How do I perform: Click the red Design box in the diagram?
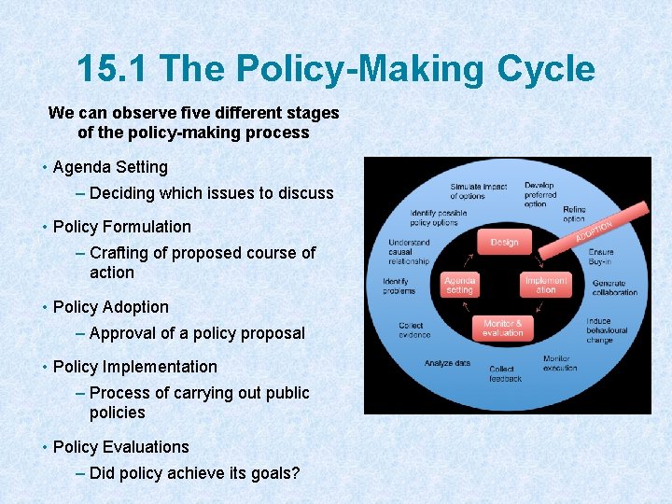504,242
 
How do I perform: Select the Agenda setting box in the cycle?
460,285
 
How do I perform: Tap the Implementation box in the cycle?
546,285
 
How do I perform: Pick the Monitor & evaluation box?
503,328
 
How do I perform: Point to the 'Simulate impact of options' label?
478,190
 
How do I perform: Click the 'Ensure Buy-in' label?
601,257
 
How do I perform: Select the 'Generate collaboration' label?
614,287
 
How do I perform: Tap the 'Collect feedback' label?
504,373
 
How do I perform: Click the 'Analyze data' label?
447,363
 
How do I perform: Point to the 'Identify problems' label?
399,287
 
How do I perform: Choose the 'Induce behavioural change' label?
607,330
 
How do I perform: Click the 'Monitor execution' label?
560,363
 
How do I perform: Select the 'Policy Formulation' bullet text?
121,227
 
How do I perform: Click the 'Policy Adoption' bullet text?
111,307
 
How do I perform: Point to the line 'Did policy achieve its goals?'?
195,473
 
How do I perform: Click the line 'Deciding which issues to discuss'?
212,193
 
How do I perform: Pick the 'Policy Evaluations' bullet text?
120,447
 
